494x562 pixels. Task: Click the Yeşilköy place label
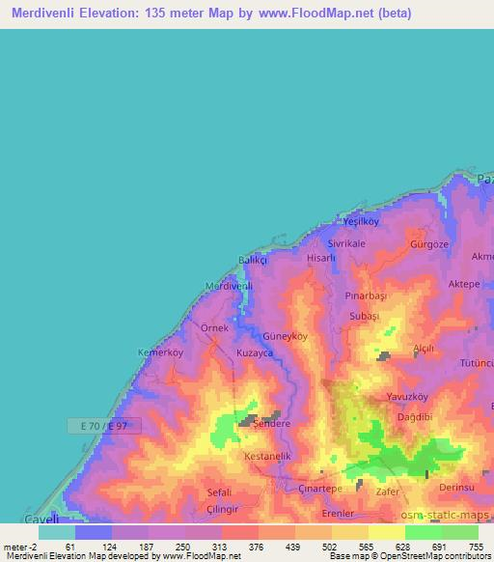point(363,222)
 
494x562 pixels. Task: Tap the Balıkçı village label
point(254,261)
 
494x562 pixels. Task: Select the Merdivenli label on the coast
point(229,286)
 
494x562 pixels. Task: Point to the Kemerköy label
point(160,352)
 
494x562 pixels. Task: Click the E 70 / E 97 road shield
point(104,425)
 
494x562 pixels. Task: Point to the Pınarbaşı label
point(365,293)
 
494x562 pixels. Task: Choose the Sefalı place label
point(219,492)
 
